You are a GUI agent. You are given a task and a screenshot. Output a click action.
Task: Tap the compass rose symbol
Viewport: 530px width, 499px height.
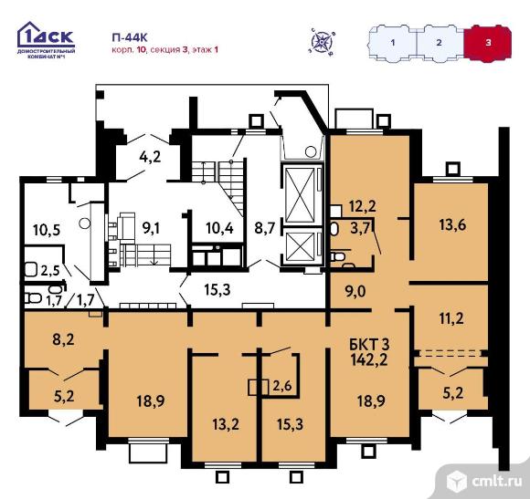click(x=321, y=40)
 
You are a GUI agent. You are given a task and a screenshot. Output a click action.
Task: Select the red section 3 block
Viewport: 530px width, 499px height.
click(x=487, y=43)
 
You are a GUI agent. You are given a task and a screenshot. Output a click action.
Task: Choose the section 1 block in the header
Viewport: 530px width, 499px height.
click(x=392, y=43)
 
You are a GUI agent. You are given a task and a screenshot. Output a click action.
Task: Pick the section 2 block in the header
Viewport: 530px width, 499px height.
click(x=439, y=43)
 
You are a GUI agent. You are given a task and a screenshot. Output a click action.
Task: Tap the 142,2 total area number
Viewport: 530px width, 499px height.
click(x=366, y=359)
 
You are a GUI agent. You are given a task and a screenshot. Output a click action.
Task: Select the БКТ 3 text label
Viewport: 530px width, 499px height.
click(x=367, y=343)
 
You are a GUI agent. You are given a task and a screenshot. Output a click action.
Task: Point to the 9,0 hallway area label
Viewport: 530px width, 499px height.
click(x=355, y=293)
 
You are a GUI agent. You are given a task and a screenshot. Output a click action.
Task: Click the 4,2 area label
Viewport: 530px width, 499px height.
click(x=150, y=156)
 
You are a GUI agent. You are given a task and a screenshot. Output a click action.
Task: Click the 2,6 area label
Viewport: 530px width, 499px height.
click(x=281, y=386)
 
